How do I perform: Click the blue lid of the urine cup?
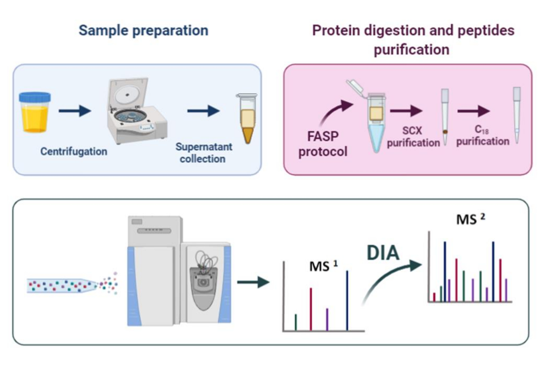click(x=35, y=97)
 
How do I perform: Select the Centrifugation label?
click(x=74, y=152)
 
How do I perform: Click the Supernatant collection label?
click(x=204, y=153)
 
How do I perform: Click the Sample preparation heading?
click(x=143, y=31)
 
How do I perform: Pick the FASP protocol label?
click(x=323, y=144)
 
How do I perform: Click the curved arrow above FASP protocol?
click(x=335, y=111)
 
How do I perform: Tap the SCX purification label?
click(x=413, y=137)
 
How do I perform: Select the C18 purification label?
click(x=483, y=136)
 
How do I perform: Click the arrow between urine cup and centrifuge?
click(x=75, y=111)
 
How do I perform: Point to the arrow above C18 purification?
click(x=474, y=111)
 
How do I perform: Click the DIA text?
click(x=383, y=253)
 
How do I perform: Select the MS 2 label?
click(x=471, y=219)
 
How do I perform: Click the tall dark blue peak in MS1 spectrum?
click(x=347, y=300)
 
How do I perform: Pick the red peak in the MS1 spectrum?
click(x=311, y=309)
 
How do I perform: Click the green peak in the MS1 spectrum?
click(x=296, y=322)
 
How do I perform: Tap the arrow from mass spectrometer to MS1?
click(x=253, y=282)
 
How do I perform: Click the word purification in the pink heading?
click(x=412, y=50)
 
